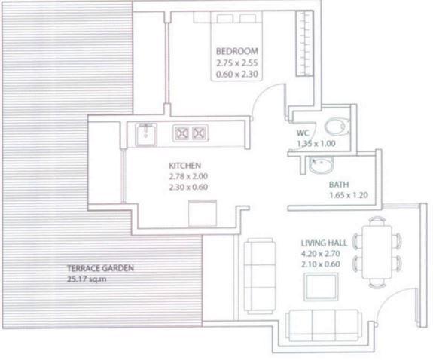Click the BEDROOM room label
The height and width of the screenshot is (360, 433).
point(236,51)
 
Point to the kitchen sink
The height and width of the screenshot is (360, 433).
point(145,133)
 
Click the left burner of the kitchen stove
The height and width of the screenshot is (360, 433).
point(181,133)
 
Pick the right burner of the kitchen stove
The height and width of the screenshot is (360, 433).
point(200,133)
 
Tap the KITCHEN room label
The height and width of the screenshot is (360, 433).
point(185,165)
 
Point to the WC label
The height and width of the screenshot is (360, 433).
point(303,133)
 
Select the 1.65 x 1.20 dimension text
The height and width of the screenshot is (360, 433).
point(349,196)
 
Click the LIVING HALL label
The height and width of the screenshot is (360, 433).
point(325,243)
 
